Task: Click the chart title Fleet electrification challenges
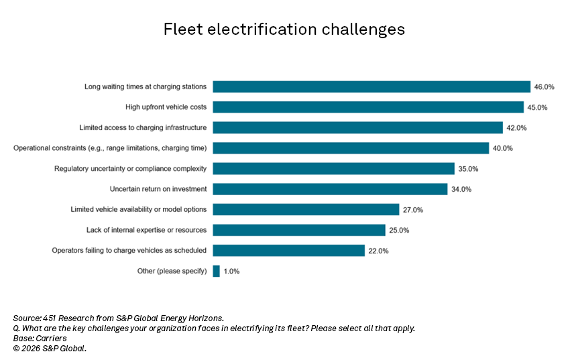tap(284, 30)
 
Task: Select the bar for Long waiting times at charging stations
tap(372, 86)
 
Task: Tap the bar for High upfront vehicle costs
tap(368, 107)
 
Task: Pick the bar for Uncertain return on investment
tap(330, 189)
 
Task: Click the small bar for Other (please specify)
tap(216, 272)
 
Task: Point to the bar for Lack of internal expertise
tap(299, 230)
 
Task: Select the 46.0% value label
tap(545, 87)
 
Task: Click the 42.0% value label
tap(517, 128)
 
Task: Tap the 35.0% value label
tap(469, 169)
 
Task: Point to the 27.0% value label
tap(413, 210)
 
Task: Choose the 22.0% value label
tap(378, 251)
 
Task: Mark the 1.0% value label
tap(231, 272)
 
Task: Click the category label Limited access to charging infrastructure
tap(143, 127)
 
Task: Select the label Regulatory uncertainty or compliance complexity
tap(130, 168)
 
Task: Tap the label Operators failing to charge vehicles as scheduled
tap(129, 251)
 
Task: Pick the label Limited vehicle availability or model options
tap(139, 210)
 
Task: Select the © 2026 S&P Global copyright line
tap(50, 349)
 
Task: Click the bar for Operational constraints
tap(351, 148)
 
